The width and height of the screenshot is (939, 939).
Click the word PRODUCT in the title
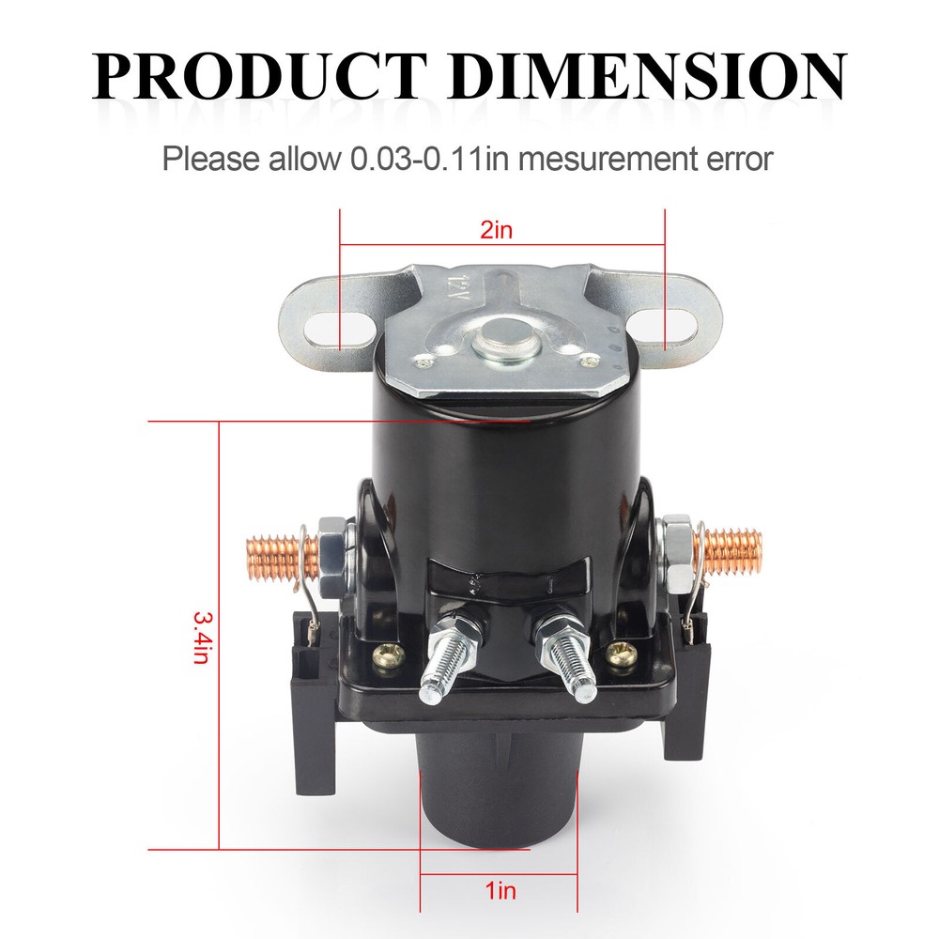click(259, 76)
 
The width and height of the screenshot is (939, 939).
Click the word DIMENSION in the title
click(647, 76)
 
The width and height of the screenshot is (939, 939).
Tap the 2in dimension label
click(497, 230)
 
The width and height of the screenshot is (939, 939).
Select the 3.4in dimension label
click(201, 638)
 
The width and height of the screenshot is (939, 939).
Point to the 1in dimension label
click(500, 890)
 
